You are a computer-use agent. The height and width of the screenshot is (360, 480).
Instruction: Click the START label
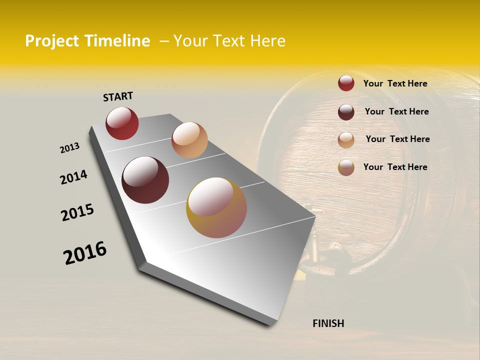(x=118, y=96)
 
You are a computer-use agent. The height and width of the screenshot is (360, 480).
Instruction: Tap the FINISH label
(x=328, y=323)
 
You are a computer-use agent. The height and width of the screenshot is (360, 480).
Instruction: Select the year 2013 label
(x=69, y=148)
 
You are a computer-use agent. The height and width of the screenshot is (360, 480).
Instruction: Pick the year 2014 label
(x=73, y=177)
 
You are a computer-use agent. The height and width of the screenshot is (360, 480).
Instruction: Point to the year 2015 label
(x=77, y=212)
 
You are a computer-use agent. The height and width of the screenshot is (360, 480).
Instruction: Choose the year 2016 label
(x=85, y=253)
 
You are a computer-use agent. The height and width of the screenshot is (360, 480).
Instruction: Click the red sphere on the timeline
(x=122, y=123)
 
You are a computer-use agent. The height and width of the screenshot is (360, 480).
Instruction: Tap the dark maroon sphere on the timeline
(x=145, y=180)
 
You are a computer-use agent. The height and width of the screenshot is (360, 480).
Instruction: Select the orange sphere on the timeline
(x=189, y=140)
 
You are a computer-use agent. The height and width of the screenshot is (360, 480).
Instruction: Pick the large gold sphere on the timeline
(x=216, y=207)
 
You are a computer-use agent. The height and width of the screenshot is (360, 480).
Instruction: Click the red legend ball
(x=346, y=83)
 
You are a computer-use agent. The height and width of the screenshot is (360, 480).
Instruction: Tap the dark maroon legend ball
(x=346, y=112)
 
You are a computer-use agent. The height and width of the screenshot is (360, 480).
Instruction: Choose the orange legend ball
(x=346, y=139)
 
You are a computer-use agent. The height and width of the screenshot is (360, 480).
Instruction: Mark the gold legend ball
(x=346, y=167)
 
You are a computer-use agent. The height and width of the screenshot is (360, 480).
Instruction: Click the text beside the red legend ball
(x=395, y=83)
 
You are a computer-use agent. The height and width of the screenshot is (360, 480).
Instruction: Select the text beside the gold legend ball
(x=395, y=167)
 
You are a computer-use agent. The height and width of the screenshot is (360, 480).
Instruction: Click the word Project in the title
(x=52, y=41)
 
